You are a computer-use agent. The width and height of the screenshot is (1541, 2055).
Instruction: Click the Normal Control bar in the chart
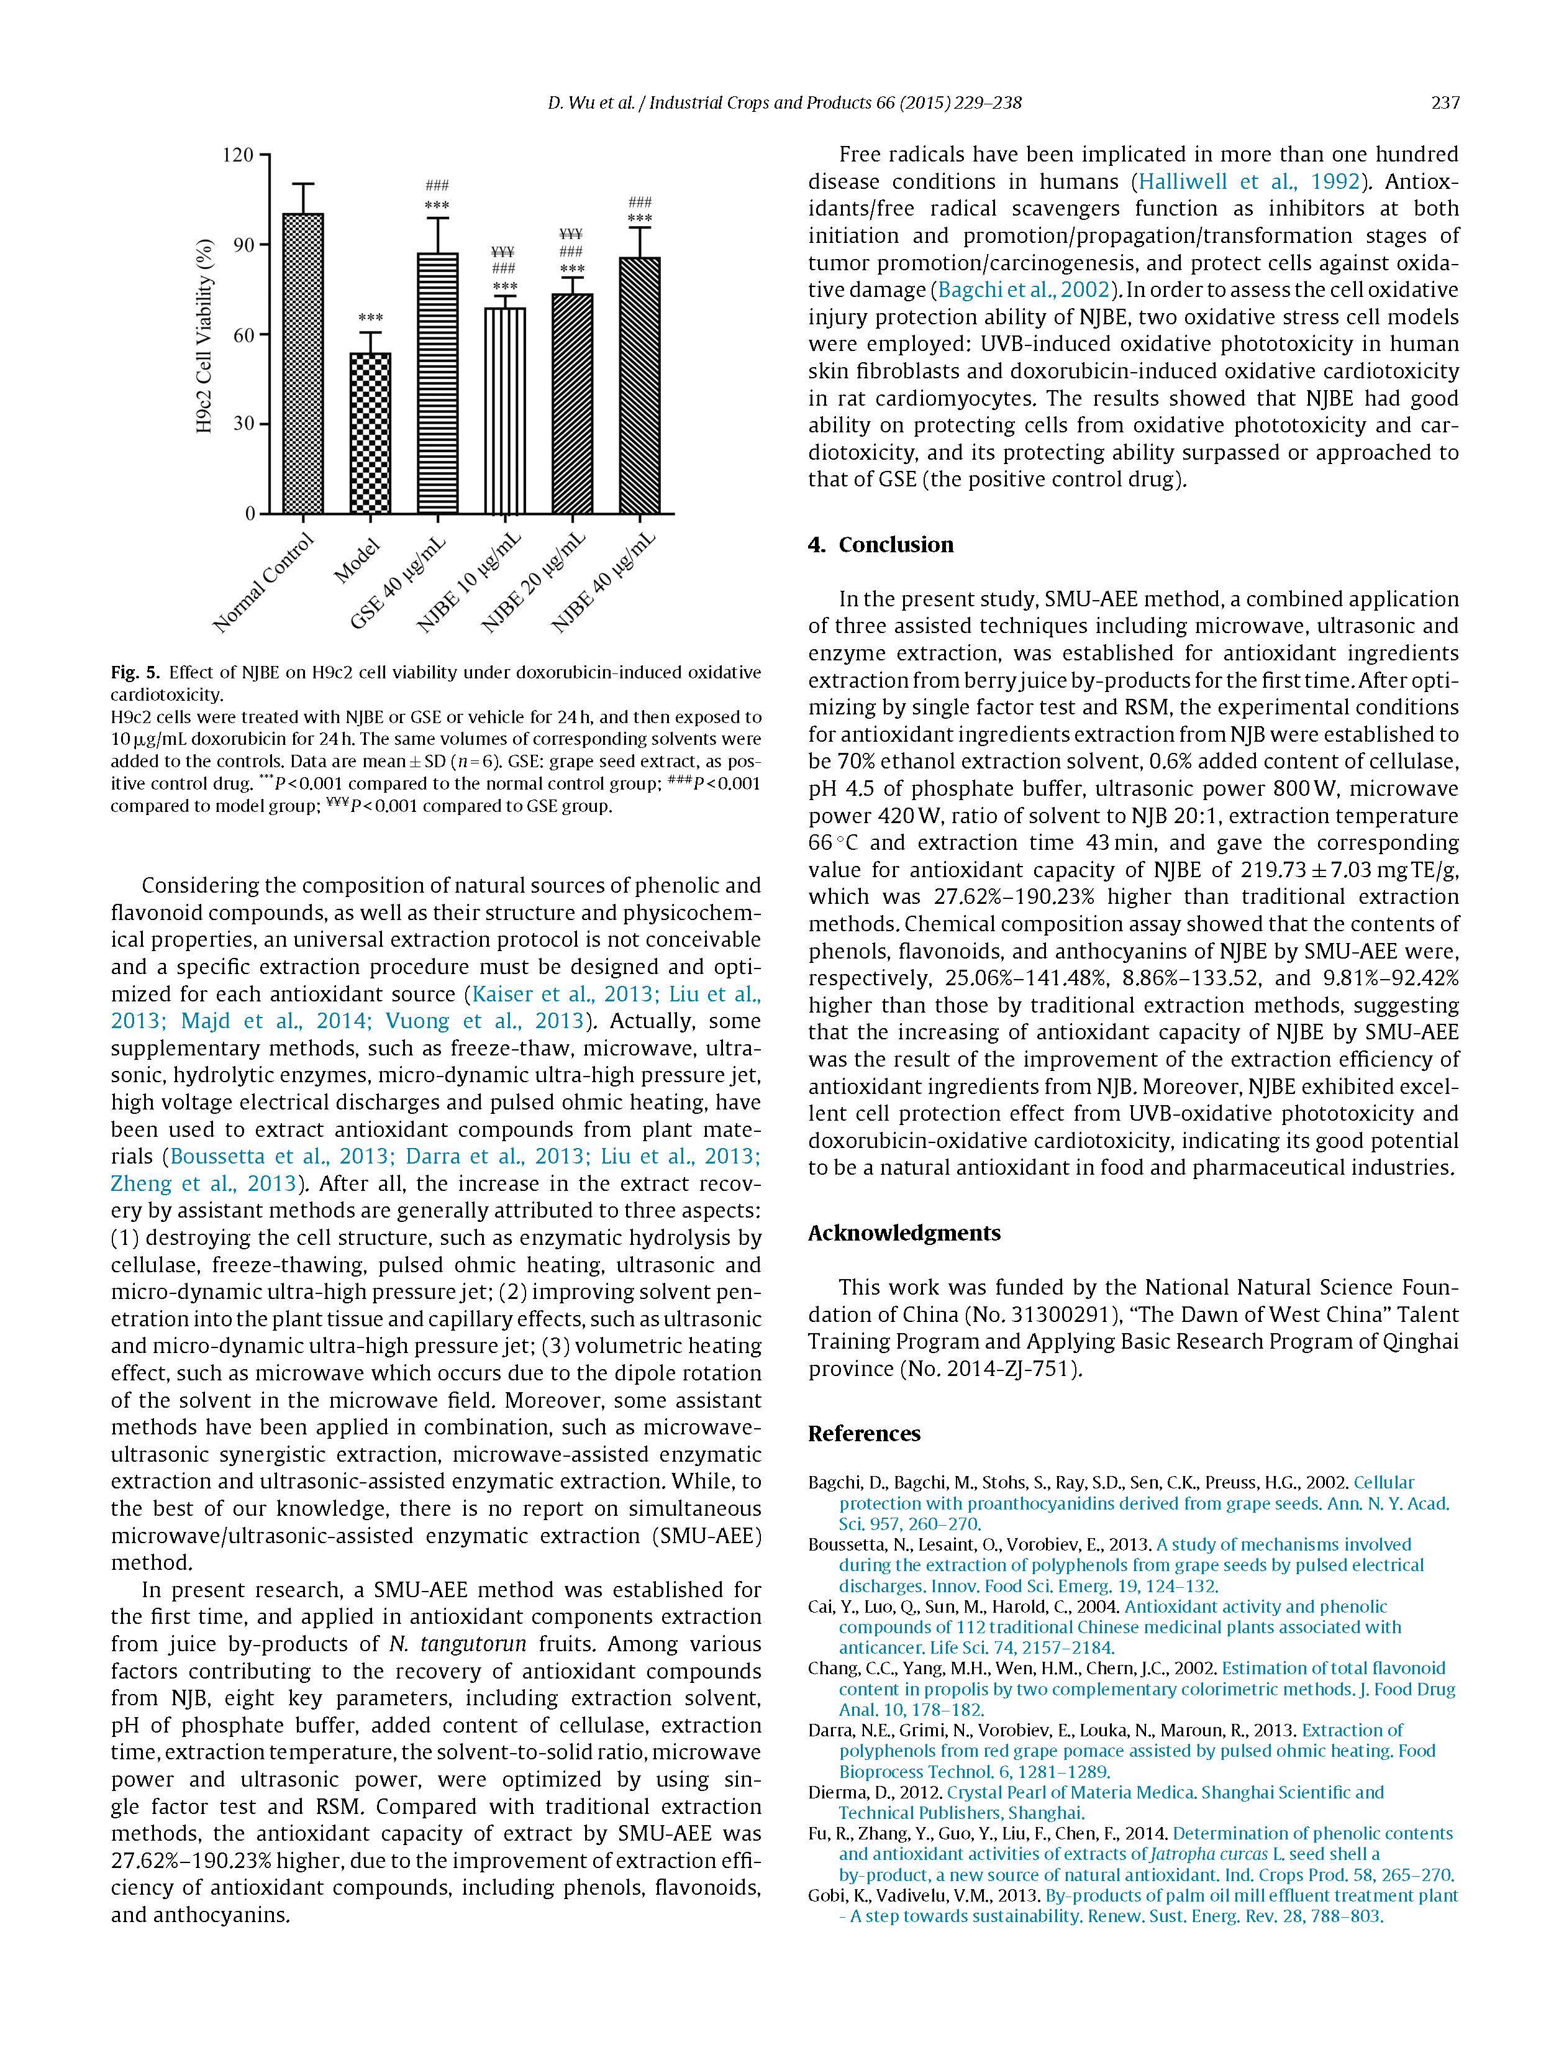coord(303,363)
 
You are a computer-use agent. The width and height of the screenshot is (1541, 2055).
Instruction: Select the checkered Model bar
coord(370,433)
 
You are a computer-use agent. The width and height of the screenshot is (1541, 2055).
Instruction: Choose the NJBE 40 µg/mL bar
coord(640,386)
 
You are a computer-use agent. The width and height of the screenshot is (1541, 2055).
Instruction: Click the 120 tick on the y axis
coord(238,155)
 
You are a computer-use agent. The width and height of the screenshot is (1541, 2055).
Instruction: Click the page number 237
coord(1445,103)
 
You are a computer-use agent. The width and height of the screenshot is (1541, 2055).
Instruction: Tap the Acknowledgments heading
coord(904,1233)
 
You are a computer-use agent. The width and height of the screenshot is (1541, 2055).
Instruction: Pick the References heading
coord(864,1434)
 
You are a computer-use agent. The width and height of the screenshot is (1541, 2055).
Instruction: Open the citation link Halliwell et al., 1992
coord(1249,181)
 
